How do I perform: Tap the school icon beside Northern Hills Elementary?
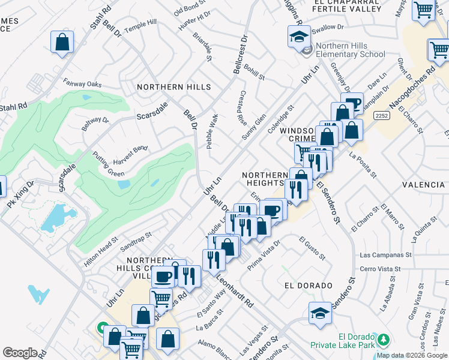pos(298,38)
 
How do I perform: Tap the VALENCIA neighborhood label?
pos(424,185)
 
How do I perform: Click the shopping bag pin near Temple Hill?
pos(62,42)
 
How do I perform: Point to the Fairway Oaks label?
pos(84,85)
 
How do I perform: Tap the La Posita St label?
pos(362,166)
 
